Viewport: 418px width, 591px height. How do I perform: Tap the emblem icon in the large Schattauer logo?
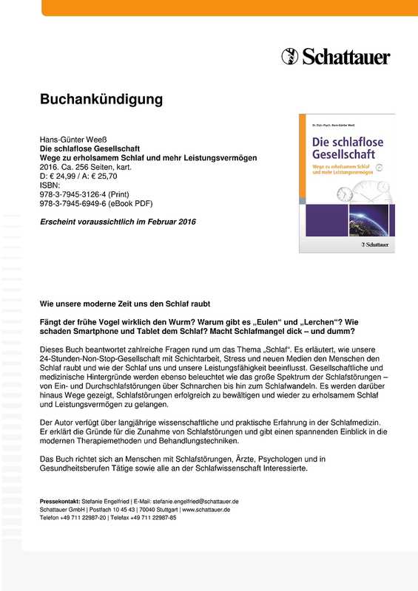289,55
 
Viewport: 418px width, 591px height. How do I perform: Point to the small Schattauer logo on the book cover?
373,243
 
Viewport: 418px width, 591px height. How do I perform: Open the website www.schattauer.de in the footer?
206,510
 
